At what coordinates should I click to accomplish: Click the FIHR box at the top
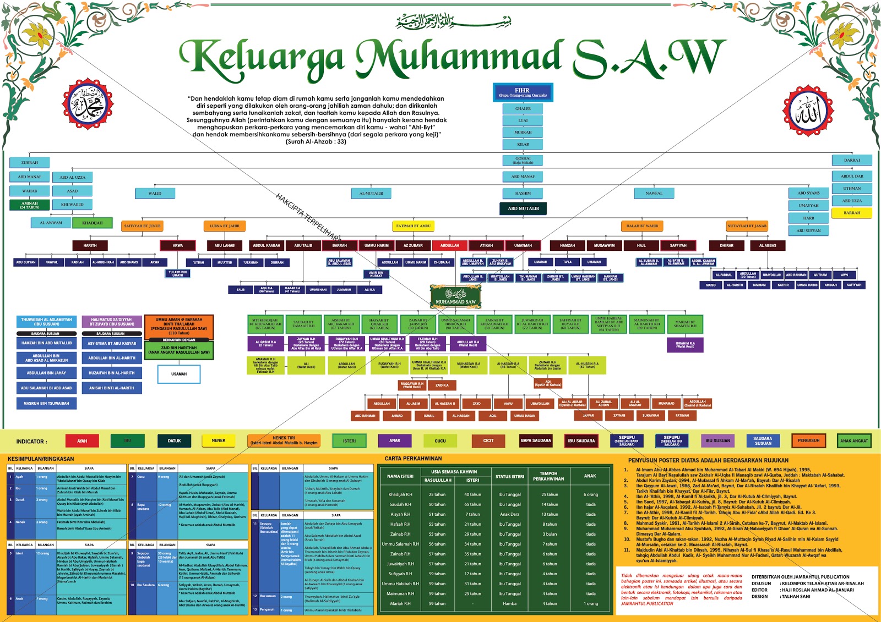click(522, 92)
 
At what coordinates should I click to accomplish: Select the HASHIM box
click(523, 193)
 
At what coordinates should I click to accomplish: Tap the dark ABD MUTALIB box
click(523, 208)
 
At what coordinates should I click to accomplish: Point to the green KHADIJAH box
click(92, 223)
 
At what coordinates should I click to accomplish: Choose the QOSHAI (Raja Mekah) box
click(523, 160)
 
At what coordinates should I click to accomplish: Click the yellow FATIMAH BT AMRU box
click(413, 225)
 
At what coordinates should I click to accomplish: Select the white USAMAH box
click(178, 374)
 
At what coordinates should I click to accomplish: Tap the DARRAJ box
click(851, 160)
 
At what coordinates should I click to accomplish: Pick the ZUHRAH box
click(30, 163)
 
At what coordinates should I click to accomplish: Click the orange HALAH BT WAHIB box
click(642, 225)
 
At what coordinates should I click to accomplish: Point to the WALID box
click(155, 193)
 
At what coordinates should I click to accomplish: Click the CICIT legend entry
click(488, 441)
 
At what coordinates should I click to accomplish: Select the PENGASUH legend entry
click(808, 441)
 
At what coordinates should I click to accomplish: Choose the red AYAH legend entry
click(82, 441)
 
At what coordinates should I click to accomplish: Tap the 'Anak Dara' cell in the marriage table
click(509, 514)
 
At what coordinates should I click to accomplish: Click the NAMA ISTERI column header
click(400, 476)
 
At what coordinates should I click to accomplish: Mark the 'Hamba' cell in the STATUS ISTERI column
click(509, 603)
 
